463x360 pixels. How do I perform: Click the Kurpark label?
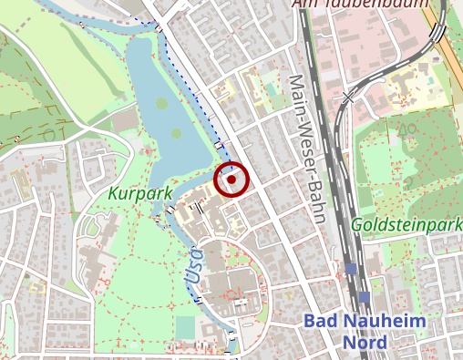point(139,193)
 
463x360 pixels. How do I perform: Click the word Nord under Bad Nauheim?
point(365,343)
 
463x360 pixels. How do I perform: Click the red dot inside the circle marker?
point(231,180)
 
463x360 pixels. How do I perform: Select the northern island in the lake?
point(162,105)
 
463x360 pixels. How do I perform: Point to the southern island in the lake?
point(176,135)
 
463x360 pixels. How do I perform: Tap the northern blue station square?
point(351,269)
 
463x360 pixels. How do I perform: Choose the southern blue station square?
point(364,296)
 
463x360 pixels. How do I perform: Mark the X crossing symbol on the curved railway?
point(347,95)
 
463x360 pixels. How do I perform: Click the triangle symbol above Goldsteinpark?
point(406,129)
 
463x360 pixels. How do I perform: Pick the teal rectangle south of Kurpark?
point(185,327)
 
